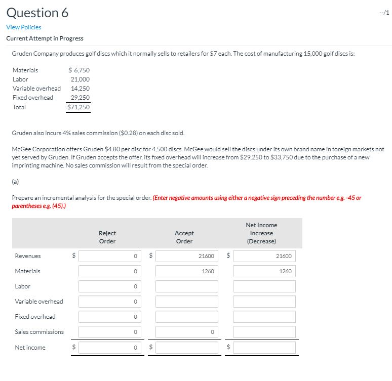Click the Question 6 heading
(37, 13)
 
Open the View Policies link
(24, 27)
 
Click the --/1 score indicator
(384, 13)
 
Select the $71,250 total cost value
(79, 107)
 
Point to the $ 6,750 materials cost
(79, 70)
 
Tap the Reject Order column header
(107, 237)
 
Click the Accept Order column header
(184, 237)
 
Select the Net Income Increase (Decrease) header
(261, 233)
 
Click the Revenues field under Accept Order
(187, 256)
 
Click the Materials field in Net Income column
(264, 271)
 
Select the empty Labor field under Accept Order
(187, 286)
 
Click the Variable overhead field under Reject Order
(110, 302)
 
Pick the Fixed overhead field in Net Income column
(264, 317)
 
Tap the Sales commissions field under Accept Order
(187, 332)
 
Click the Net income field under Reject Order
(110, 348)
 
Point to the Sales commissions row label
(40, 332)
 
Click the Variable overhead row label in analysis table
(39, 302)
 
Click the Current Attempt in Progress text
(45, 38)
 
